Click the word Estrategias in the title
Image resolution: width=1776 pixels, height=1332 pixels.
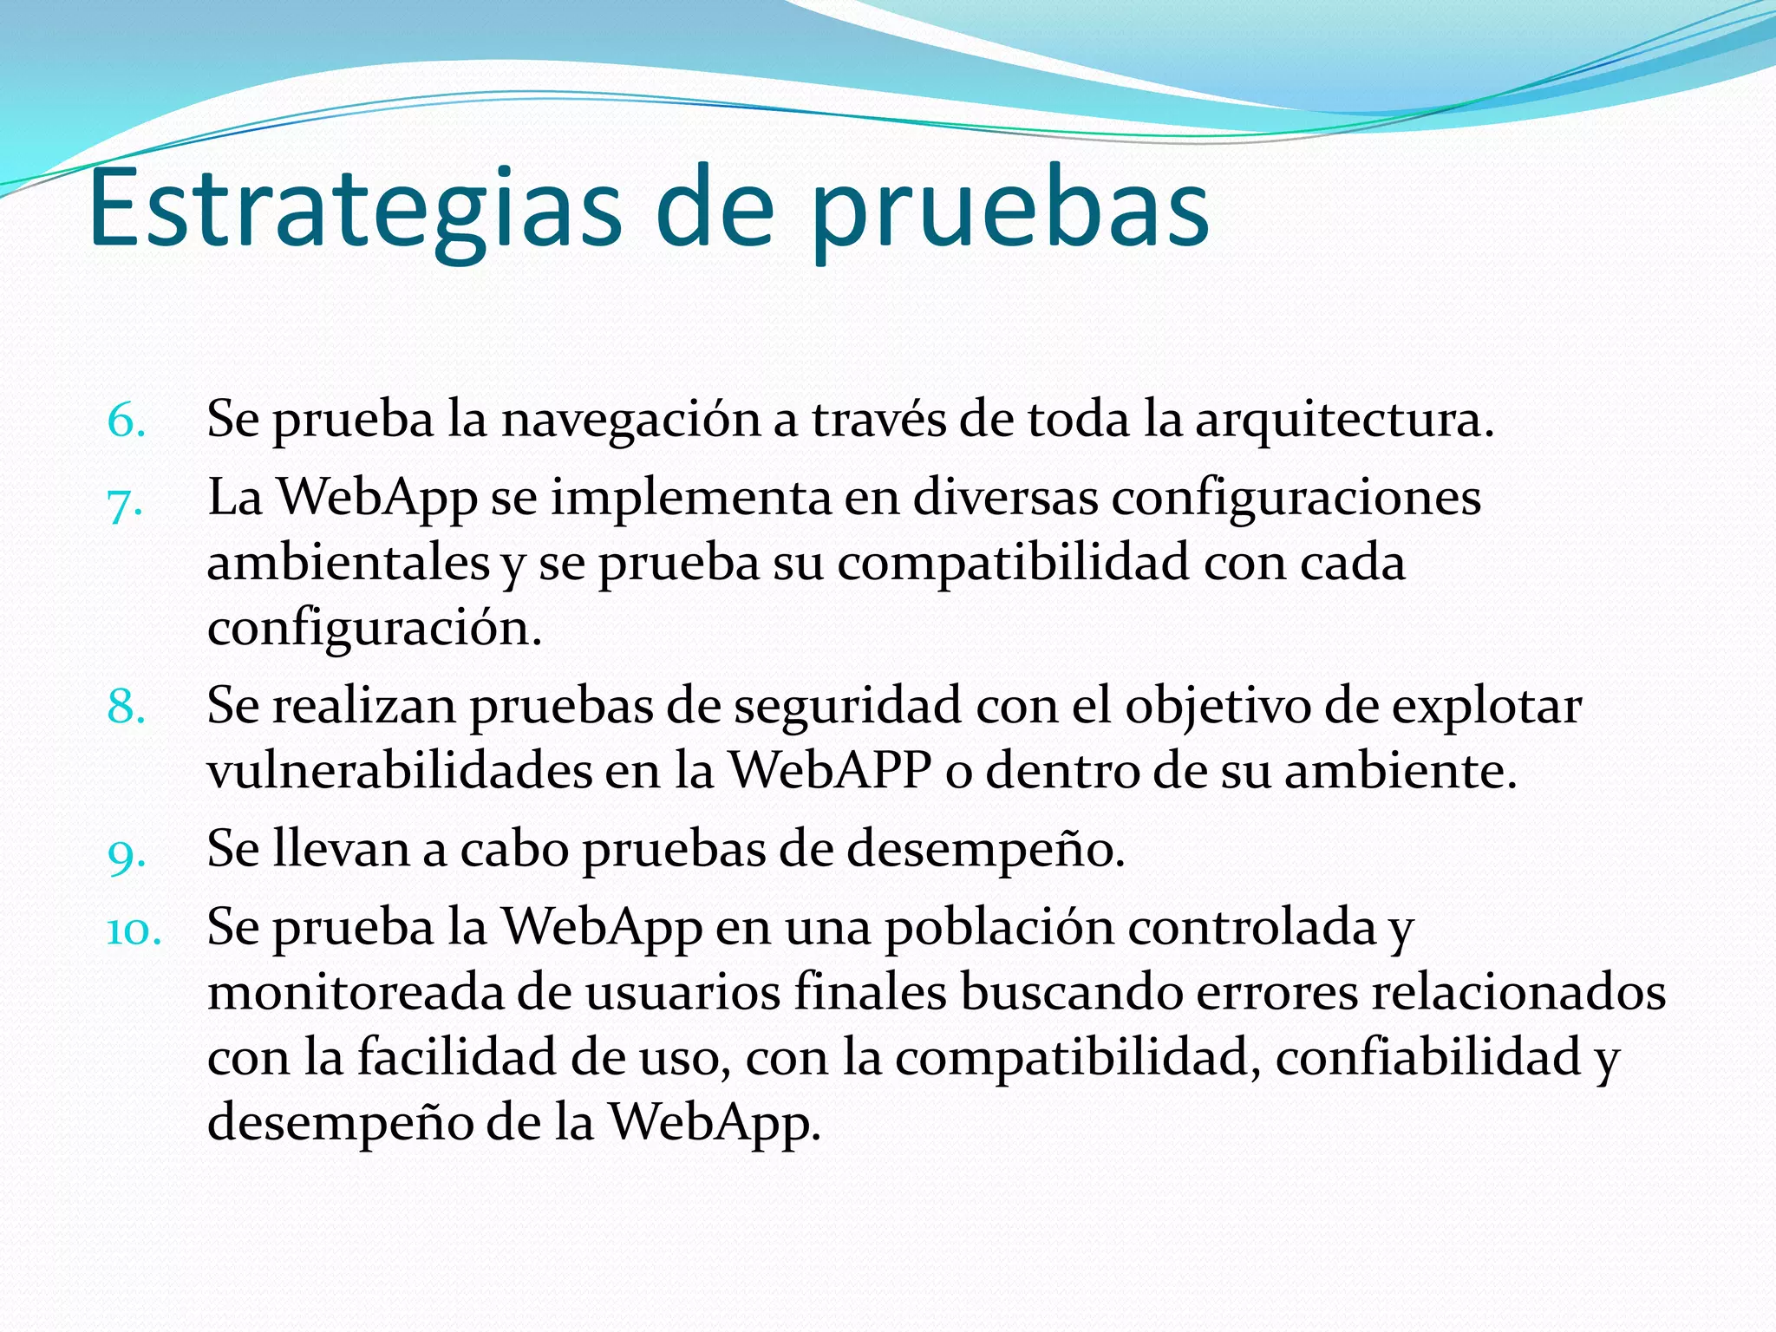[355, 208]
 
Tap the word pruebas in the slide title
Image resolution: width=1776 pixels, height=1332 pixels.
[1010, 212]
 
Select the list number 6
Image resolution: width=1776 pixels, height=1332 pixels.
[127, 421]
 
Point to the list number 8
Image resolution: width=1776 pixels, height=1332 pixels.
[127, 707]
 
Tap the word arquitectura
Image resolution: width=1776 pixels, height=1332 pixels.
[1343, 420]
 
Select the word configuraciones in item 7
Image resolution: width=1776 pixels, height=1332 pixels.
[1296, 499]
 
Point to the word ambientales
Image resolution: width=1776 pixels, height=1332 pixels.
[349, 563]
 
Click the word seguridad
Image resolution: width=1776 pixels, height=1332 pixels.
[847, 705]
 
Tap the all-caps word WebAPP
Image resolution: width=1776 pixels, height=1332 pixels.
[830, 770]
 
